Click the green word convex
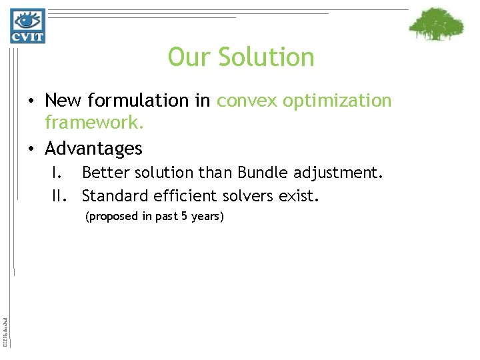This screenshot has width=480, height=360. [245, 101]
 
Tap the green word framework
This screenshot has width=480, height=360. [95, 123]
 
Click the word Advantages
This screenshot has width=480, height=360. [93, 147]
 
